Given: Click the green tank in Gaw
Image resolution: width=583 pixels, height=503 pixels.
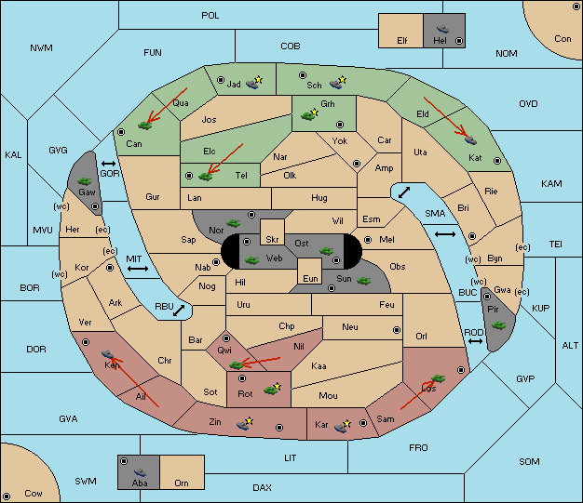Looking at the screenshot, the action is click(85, 181).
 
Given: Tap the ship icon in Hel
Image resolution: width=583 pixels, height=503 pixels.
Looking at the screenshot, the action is click(442, 29).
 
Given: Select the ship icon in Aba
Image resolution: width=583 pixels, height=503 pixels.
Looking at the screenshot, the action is click(140, 472).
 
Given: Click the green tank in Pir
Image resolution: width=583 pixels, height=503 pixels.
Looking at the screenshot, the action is click(498, 325).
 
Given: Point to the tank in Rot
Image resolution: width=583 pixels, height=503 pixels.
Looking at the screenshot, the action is click(271, 389).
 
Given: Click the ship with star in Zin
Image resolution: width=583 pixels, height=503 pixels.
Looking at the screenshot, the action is click(244, 424).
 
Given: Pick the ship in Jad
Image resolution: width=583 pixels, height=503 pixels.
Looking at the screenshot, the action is click(253, 83).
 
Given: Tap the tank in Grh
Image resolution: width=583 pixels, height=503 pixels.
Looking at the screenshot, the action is click(308, 115).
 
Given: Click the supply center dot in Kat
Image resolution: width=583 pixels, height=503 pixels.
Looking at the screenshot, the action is click(497, 161).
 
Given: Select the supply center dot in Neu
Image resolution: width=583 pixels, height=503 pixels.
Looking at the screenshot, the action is click(397, 330).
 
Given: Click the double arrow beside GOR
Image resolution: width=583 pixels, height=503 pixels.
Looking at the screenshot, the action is click(109, 164).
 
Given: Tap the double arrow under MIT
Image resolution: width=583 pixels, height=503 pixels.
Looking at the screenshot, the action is click(138, 269).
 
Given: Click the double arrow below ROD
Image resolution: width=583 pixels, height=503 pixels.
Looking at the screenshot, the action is click(475, 341).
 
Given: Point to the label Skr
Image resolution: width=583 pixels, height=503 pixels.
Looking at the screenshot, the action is click(272, 240).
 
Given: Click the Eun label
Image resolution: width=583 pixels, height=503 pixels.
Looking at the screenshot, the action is click(310, 278).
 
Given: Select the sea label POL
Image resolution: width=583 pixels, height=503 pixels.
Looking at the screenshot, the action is click(210, 16).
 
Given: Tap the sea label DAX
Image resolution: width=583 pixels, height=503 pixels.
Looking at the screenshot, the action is click(262, 487).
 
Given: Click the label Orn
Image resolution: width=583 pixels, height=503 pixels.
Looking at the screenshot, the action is click(182, 483).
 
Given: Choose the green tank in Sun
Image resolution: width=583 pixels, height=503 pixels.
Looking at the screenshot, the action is click(363, 281).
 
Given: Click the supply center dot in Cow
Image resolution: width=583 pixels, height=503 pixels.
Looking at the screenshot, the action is click(7, 496).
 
